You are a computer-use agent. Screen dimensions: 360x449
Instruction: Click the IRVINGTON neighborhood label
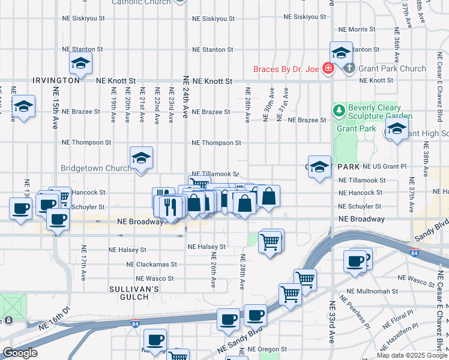coord(56,80)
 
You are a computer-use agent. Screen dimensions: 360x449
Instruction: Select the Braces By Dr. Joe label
coord(286,69)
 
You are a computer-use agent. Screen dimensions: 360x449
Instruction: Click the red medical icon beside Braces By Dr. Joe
coord(328,68)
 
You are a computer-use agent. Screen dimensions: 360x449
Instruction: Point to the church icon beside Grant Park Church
coord(351,68)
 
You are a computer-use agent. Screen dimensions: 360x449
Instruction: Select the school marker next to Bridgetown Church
coord(141,159)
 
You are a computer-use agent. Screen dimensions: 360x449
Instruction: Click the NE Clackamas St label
coord(152,264)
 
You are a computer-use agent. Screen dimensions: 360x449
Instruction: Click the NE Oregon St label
coord(273,349)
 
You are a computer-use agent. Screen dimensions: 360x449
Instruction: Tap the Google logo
coord(20,353)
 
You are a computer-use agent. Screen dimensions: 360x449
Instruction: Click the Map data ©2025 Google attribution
coord(411,355)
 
